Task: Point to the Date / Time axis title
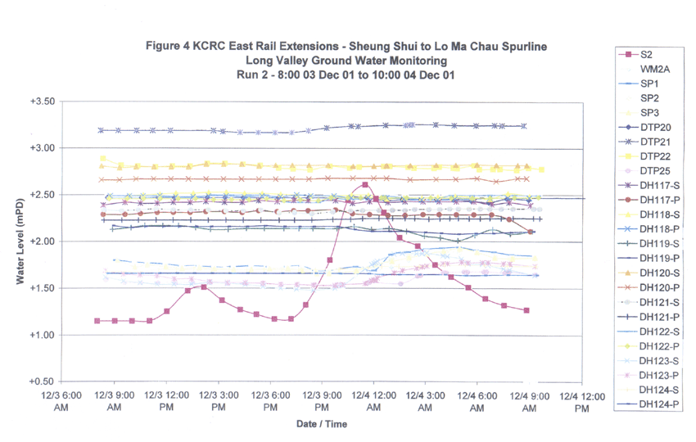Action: point(322,424)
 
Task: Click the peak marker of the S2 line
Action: point(364,185)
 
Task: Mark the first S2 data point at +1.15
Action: point(97,321)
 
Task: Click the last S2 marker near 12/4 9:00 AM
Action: point(527,310)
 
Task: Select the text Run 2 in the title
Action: point(248,74)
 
